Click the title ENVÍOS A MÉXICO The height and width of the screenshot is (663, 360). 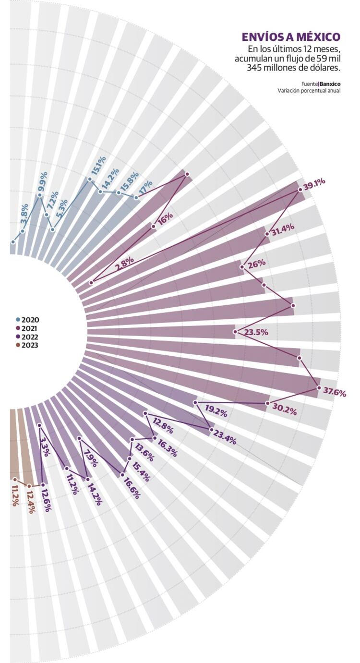pos(291,37)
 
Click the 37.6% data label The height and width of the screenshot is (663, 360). pos(335,392)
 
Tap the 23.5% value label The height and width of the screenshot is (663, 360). pos(256,332)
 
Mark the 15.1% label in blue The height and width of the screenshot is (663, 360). pos(98,166)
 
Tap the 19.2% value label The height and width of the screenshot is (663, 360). pos(216,411)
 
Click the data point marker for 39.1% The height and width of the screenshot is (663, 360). pos(300,190)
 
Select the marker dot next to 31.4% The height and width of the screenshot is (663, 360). pos(267,234)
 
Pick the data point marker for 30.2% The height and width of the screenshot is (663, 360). pos(267,403)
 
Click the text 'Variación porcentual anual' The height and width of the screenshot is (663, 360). pos(309,91)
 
